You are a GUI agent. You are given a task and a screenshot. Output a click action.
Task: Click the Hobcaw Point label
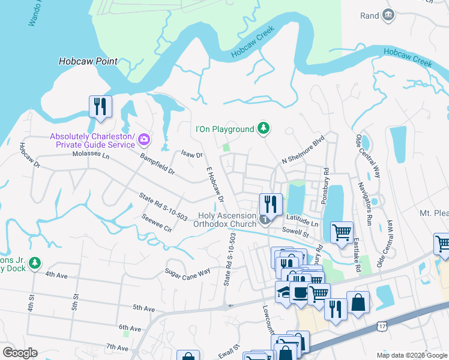(x=88, y=61)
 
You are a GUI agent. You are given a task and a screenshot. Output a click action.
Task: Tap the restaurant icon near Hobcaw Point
(x=100, y=107)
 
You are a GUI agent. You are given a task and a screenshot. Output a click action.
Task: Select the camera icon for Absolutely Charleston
(x=143, y=140)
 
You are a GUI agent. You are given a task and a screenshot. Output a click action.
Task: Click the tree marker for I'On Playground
(x=263, y=128)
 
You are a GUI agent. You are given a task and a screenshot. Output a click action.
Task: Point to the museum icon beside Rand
(x=388, y=15)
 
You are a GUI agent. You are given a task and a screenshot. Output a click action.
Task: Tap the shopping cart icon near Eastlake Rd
(x=341, y=232)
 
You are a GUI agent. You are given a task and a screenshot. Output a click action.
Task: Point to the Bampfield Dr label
(x=157, y=164)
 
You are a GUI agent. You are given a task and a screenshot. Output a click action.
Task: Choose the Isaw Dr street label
(x=191, y=155)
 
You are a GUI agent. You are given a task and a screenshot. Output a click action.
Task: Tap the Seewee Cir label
(x=157, y=223)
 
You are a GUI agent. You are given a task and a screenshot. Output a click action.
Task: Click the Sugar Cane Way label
(x=188, y=272)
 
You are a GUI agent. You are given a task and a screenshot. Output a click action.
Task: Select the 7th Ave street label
(x=118, y=347)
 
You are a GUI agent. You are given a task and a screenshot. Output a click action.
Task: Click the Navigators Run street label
(x=366, y=199)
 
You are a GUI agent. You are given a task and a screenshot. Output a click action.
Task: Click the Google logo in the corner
(x=20, y=353)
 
